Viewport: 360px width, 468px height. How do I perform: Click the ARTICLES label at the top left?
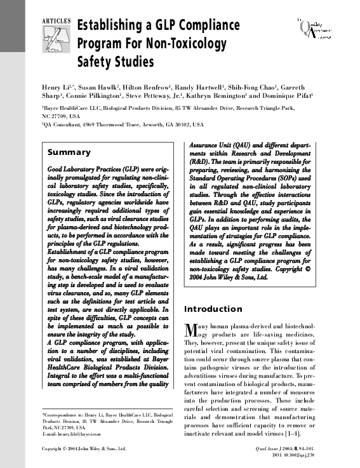tap(56, 21)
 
